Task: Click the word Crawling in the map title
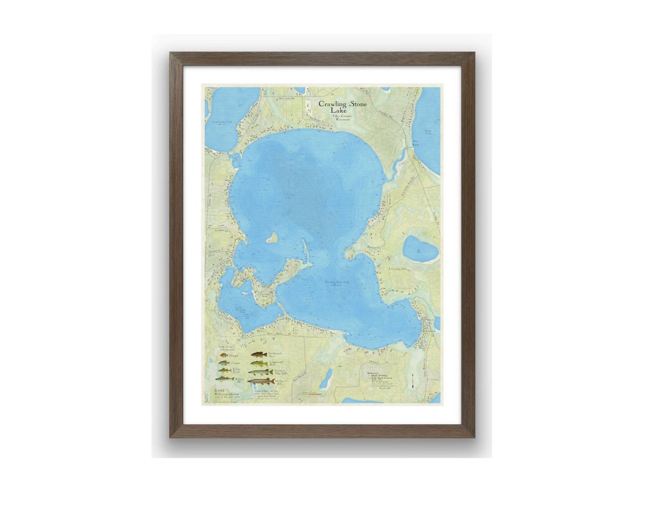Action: (333, 104)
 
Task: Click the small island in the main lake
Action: (272, 238)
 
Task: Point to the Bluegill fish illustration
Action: (224, 355)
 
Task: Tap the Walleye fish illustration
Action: (224, 378)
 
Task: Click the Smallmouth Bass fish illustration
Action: (258, 355)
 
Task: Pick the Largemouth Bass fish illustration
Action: (259, 363)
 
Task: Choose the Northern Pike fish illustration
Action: (260, 372)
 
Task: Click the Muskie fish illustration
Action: (260, 381)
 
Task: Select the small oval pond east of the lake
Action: (420, 249)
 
